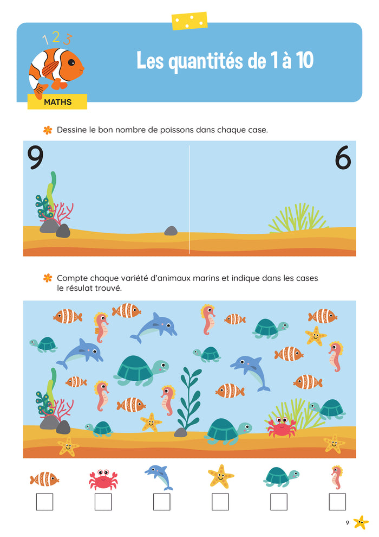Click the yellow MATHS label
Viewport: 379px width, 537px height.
coord(57,102)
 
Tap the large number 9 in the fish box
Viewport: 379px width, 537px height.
coord(36,157)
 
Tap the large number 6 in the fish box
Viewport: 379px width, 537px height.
coord(343,157)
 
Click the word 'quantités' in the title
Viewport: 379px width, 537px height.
coord(205,61)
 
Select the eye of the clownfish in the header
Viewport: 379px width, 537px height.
coord(71,62)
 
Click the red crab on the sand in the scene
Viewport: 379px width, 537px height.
coord(282,427)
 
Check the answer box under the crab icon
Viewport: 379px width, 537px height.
coord(103,502)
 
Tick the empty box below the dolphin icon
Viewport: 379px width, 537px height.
coord(162,502)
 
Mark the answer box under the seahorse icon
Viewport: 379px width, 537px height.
coord(337,502)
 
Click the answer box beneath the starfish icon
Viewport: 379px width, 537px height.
coord(220,502)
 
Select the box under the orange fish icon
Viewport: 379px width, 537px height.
coord(45,502)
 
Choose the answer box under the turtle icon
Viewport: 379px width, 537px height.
coord(279,502)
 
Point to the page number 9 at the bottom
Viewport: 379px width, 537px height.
coord(347,522)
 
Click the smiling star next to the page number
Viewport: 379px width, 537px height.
coord(361,522)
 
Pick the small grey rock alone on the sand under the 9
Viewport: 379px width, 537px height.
coord(171,231)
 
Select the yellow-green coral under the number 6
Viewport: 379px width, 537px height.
coord(298,218)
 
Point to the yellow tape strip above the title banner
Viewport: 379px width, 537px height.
coord(190,21)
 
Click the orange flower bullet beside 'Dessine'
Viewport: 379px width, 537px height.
coord(48,130)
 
